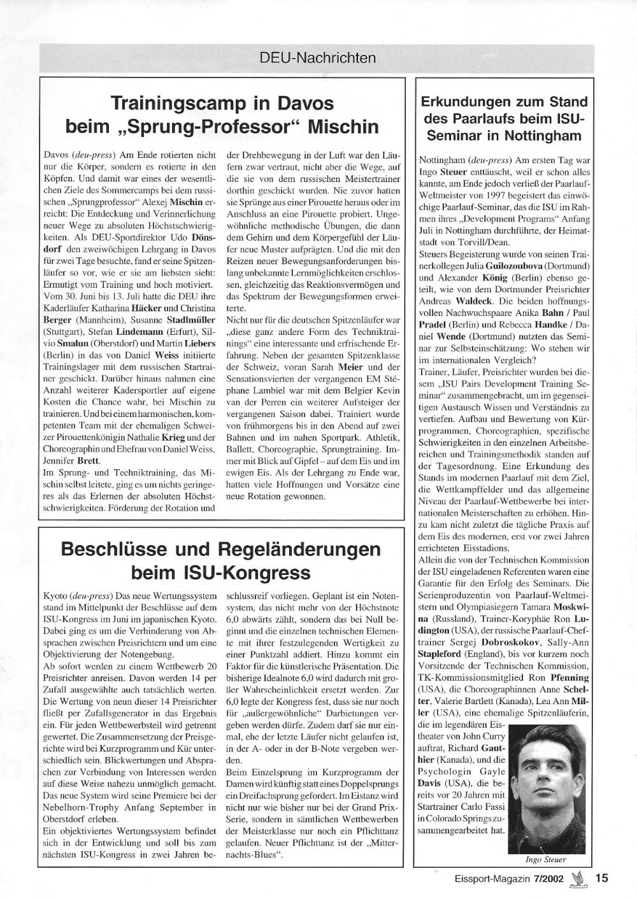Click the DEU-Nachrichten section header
click(x=318, y=58)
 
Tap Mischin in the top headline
click(x=343, y=126)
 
